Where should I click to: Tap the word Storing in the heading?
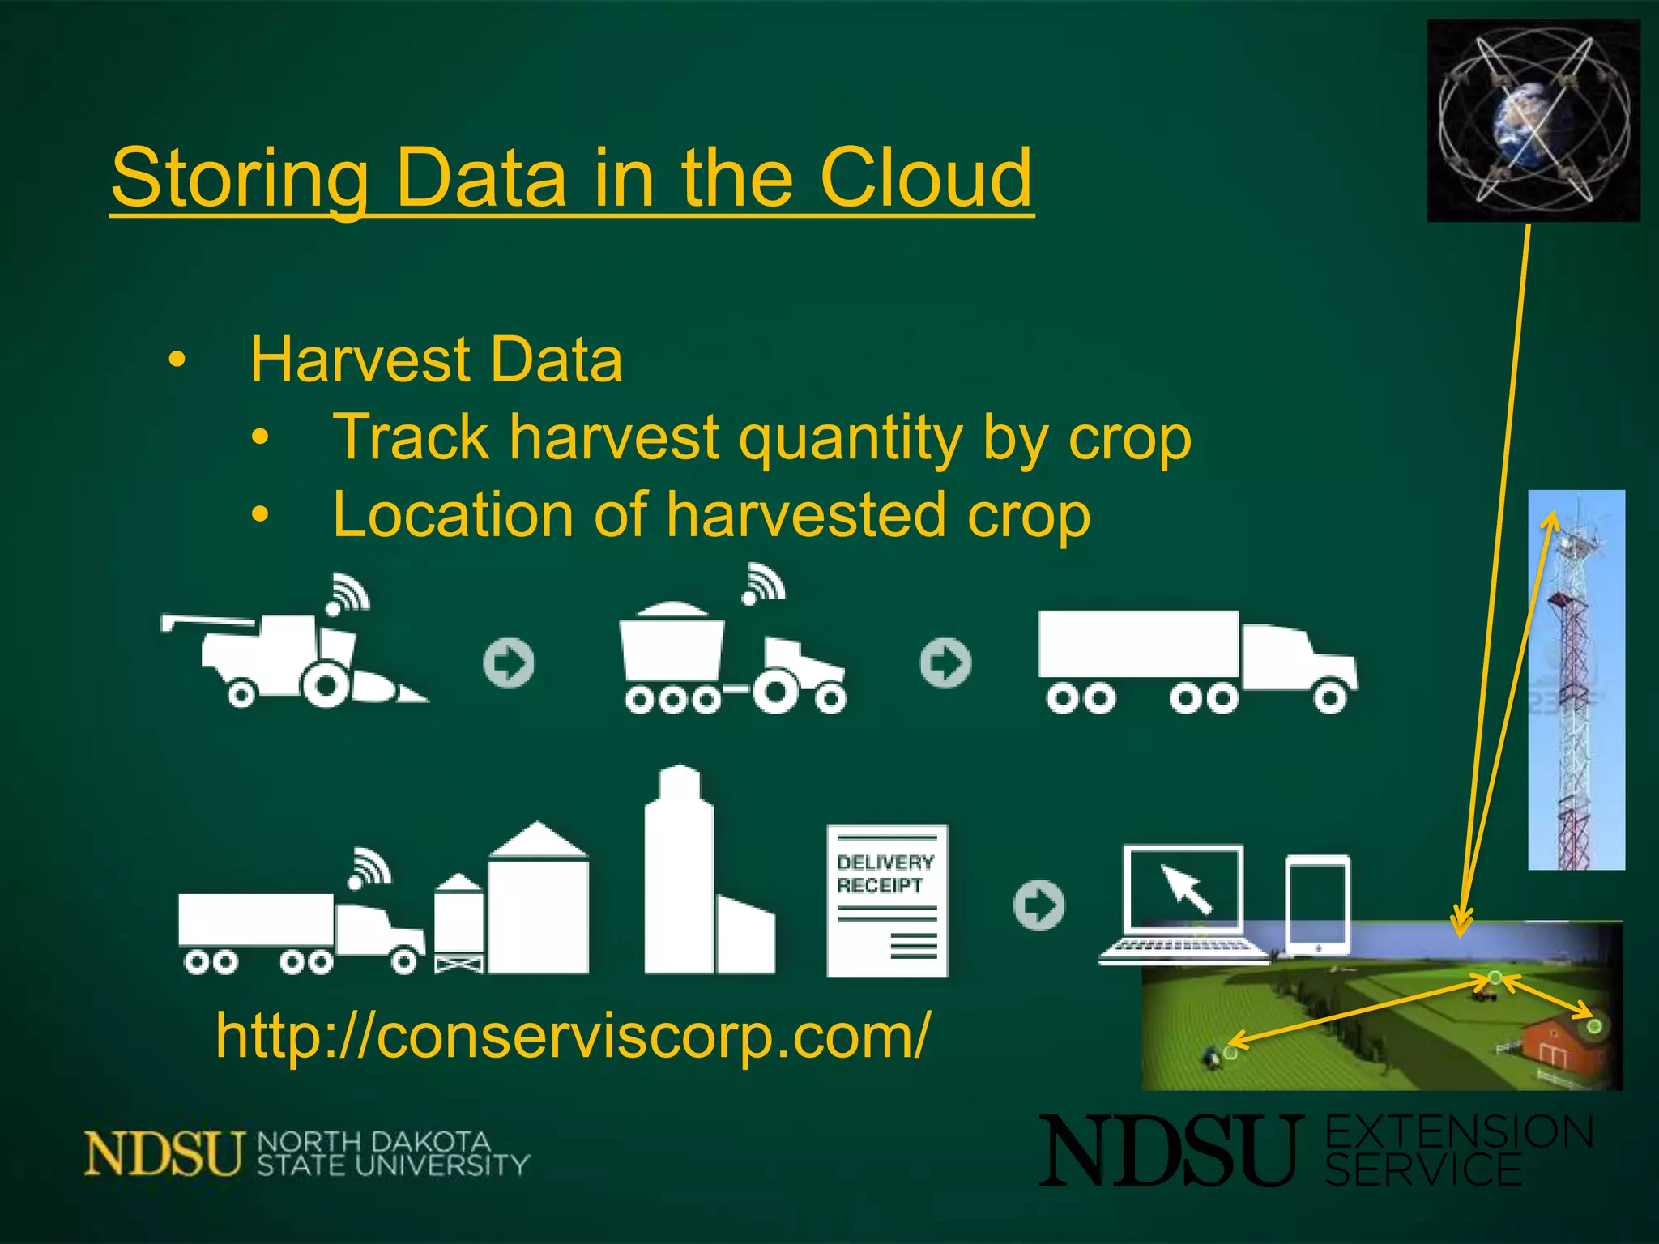pos(240,179)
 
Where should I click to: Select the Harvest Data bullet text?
pos(436,360)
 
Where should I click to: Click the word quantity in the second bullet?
pos(849,438)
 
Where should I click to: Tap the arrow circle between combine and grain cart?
pos(509,663)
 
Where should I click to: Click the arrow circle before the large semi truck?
pos(945,663)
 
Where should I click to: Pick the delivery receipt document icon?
pos(887,901)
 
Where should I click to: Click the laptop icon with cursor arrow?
pos(1183,903)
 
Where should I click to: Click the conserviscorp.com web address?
pos(573,1036)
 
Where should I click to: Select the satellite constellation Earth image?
pos(1533,121)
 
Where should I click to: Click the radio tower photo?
pos(1576,680)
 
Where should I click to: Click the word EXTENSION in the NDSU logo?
pos(1458,1132)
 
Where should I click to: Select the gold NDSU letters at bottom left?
pos(164,1153)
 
